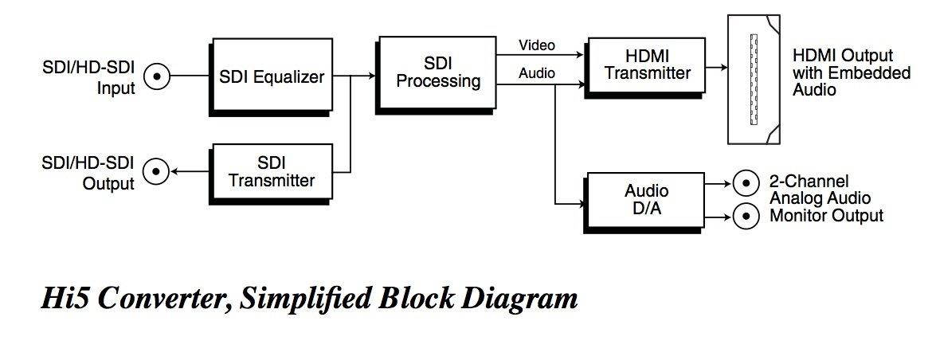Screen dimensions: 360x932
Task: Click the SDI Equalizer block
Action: click(272, 77)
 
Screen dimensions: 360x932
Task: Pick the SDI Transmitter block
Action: click(271, 170)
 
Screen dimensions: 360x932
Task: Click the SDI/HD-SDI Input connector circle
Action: click(157, 76)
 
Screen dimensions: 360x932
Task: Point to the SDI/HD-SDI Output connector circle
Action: click(157, 170)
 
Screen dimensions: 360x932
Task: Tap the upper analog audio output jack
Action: click(746, 184)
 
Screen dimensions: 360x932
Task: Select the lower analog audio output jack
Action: click(746, 216)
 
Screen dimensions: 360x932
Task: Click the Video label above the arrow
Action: click(537, 45)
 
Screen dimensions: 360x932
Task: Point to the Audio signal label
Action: click(537, 73)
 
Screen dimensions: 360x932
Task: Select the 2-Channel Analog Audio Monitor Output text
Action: click(826, 198)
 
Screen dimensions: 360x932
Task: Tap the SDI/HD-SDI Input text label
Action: click(89, 77)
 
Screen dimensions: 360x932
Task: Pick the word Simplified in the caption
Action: click(307, 299)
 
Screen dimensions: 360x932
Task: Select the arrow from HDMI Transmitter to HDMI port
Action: click(713, 67)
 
